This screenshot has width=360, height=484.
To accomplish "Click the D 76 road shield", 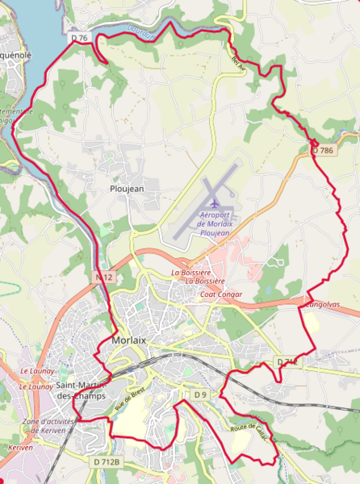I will [x=78, y=38].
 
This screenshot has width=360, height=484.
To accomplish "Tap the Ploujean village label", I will [x=126, y=188].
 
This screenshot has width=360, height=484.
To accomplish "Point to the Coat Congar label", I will [x=220, y=294].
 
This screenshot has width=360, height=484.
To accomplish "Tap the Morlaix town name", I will [x=127, y=341].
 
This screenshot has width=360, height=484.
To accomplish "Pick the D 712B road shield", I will [x=106, y=461].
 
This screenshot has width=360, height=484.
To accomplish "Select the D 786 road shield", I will [x=322, y=150].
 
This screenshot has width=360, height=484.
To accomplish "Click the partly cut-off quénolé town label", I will [x=15, y=56].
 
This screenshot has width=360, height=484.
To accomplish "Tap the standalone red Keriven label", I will [x=19, y=446].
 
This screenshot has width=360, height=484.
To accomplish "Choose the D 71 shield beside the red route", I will [x=287, y=363].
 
